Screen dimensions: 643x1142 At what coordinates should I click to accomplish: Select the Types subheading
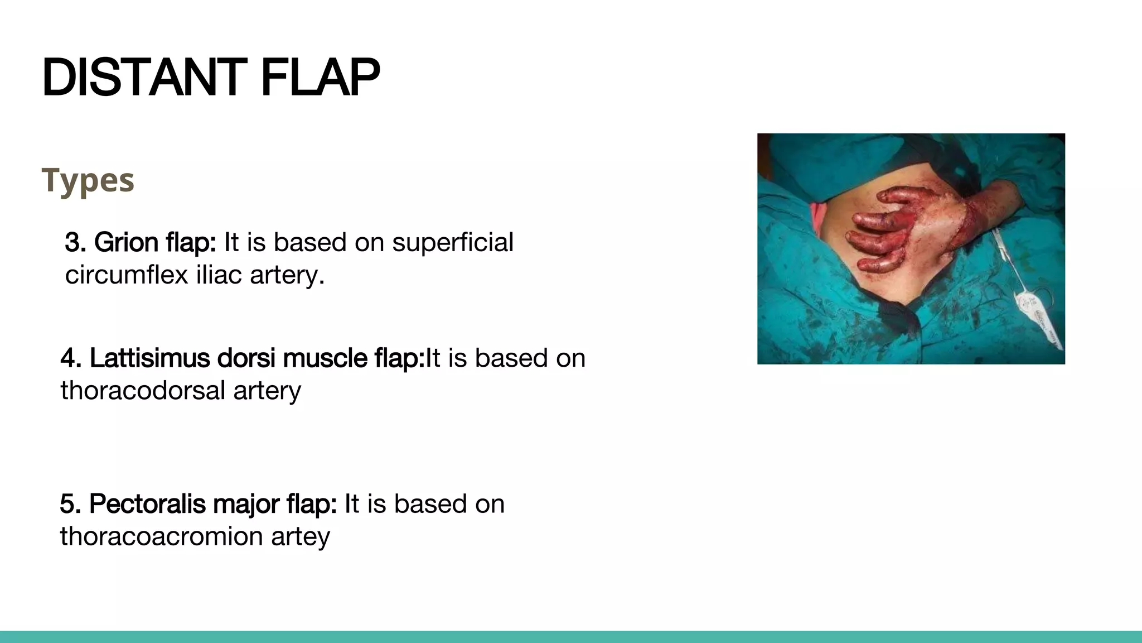(x=88, y=180)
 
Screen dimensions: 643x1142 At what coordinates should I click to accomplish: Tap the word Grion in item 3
(x=126, y=242)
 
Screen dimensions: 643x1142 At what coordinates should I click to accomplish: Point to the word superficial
(x=452, y=242)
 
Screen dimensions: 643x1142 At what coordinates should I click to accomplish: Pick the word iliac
(x=219, y=275)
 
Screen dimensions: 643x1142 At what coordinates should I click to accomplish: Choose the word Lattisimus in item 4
(x=149, y=358)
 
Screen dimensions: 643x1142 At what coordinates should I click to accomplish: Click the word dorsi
(x=247, y=358)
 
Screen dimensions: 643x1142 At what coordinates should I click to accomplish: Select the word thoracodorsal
(x=143, y=390)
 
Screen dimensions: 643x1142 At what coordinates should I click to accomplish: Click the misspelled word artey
(x=301, y=537)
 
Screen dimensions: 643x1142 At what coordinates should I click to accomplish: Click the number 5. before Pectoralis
(x=71, y=503)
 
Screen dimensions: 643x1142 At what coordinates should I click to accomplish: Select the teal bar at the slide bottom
(x=571, y=637)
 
